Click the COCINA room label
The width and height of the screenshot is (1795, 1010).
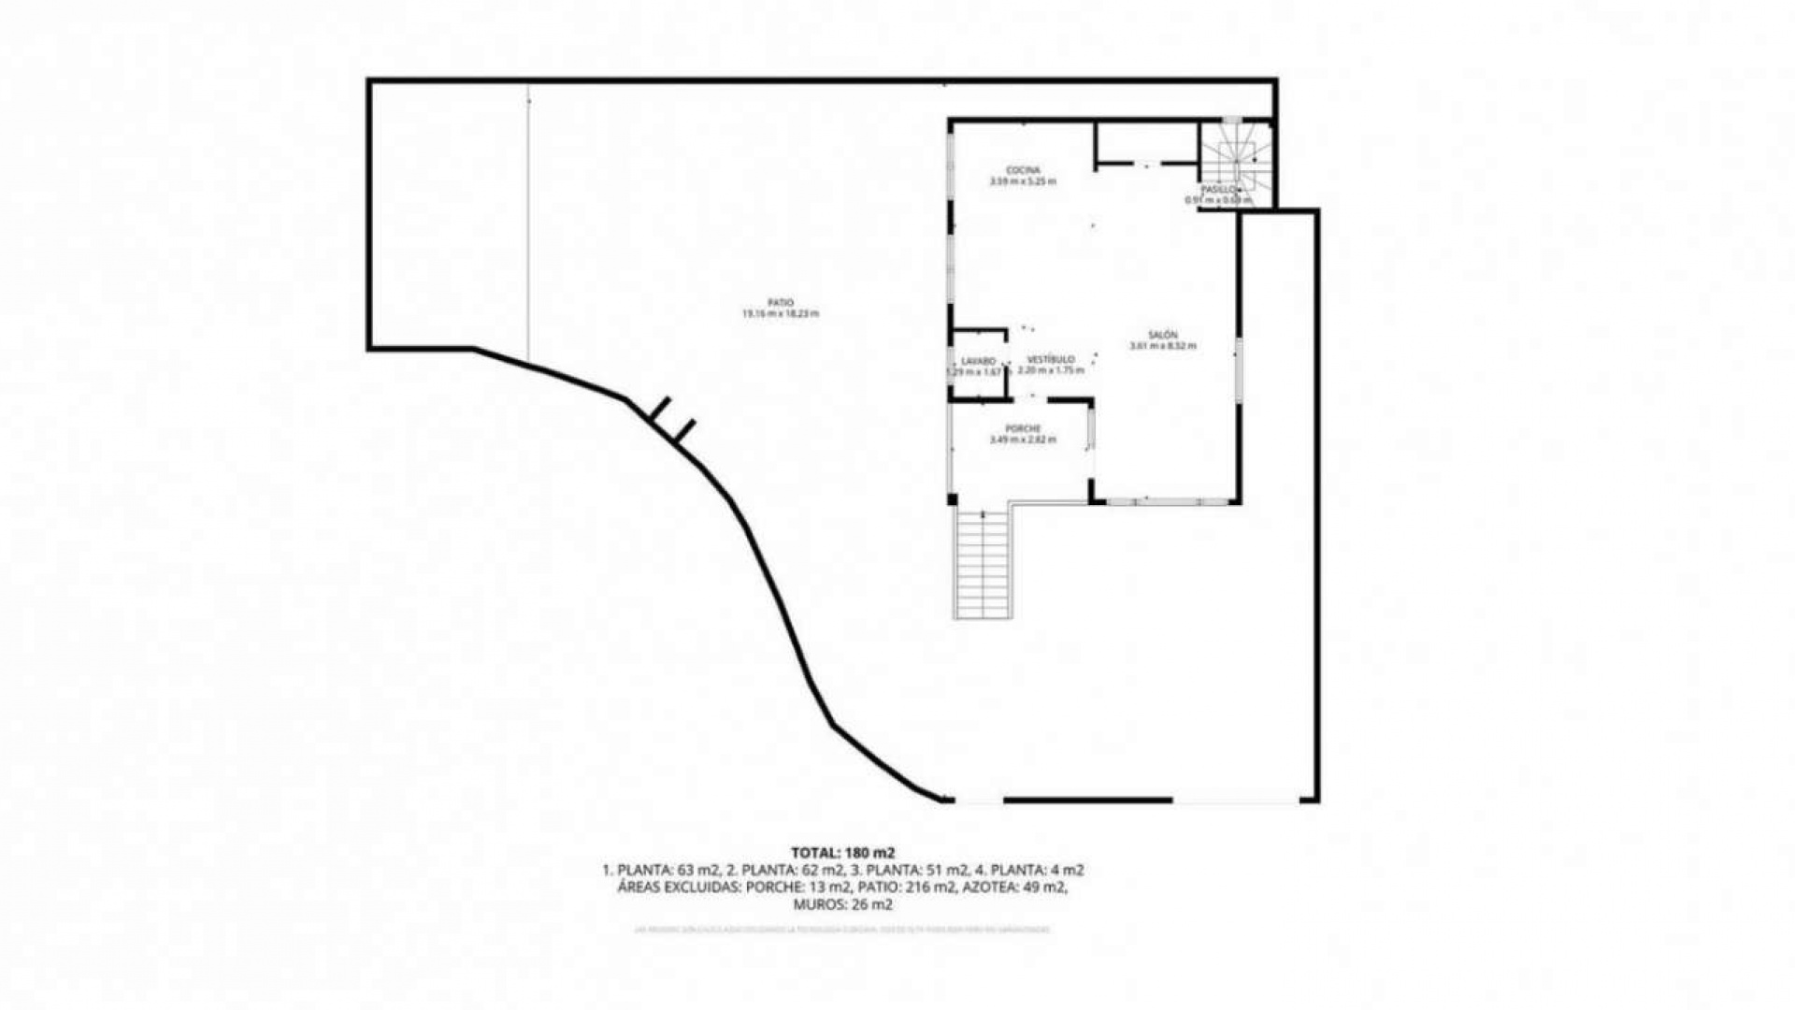coord(1023,170)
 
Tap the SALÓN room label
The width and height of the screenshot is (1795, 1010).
coord(1163,335)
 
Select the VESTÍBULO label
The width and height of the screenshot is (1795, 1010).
coord(1051,359)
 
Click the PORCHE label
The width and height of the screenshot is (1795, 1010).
coord(1023,429)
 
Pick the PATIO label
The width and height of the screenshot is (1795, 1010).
coord(781,303)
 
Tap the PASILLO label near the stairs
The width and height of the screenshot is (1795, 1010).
coord(1218,189)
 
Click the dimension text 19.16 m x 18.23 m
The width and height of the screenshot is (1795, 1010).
coord(781,314)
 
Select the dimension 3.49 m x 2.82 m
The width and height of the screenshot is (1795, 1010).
coord(1023,440)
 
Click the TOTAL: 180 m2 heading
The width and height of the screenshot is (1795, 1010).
coord(842,853)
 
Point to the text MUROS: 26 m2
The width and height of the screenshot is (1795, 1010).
coord(842,905)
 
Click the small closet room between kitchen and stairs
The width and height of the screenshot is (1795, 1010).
coord(1147,142)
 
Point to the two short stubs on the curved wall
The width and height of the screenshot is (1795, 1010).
coord(673,419)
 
